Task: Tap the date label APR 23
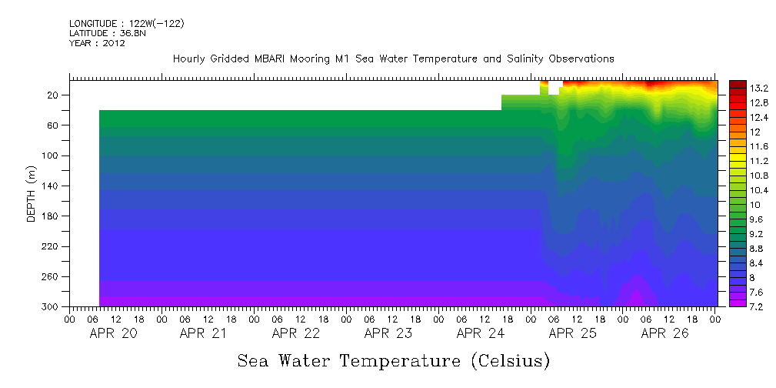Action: pyautogui.click(x=388, y=333)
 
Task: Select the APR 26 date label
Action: pyautogui.click(x=665, y=333)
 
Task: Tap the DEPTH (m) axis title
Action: pyautogui.click(x=32, y=193)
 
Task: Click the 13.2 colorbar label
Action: pyautogui.click(x=738, y=88)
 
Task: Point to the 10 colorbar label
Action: pyautogui.click(x=734, y=205)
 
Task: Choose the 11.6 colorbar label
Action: pyautogui.click(x=738, y=146)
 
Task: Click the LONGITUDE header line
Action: pyautogui.click(x=126, y=24)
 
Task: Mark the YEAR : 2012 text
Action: pyautogui.click(x=97, y=44)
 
